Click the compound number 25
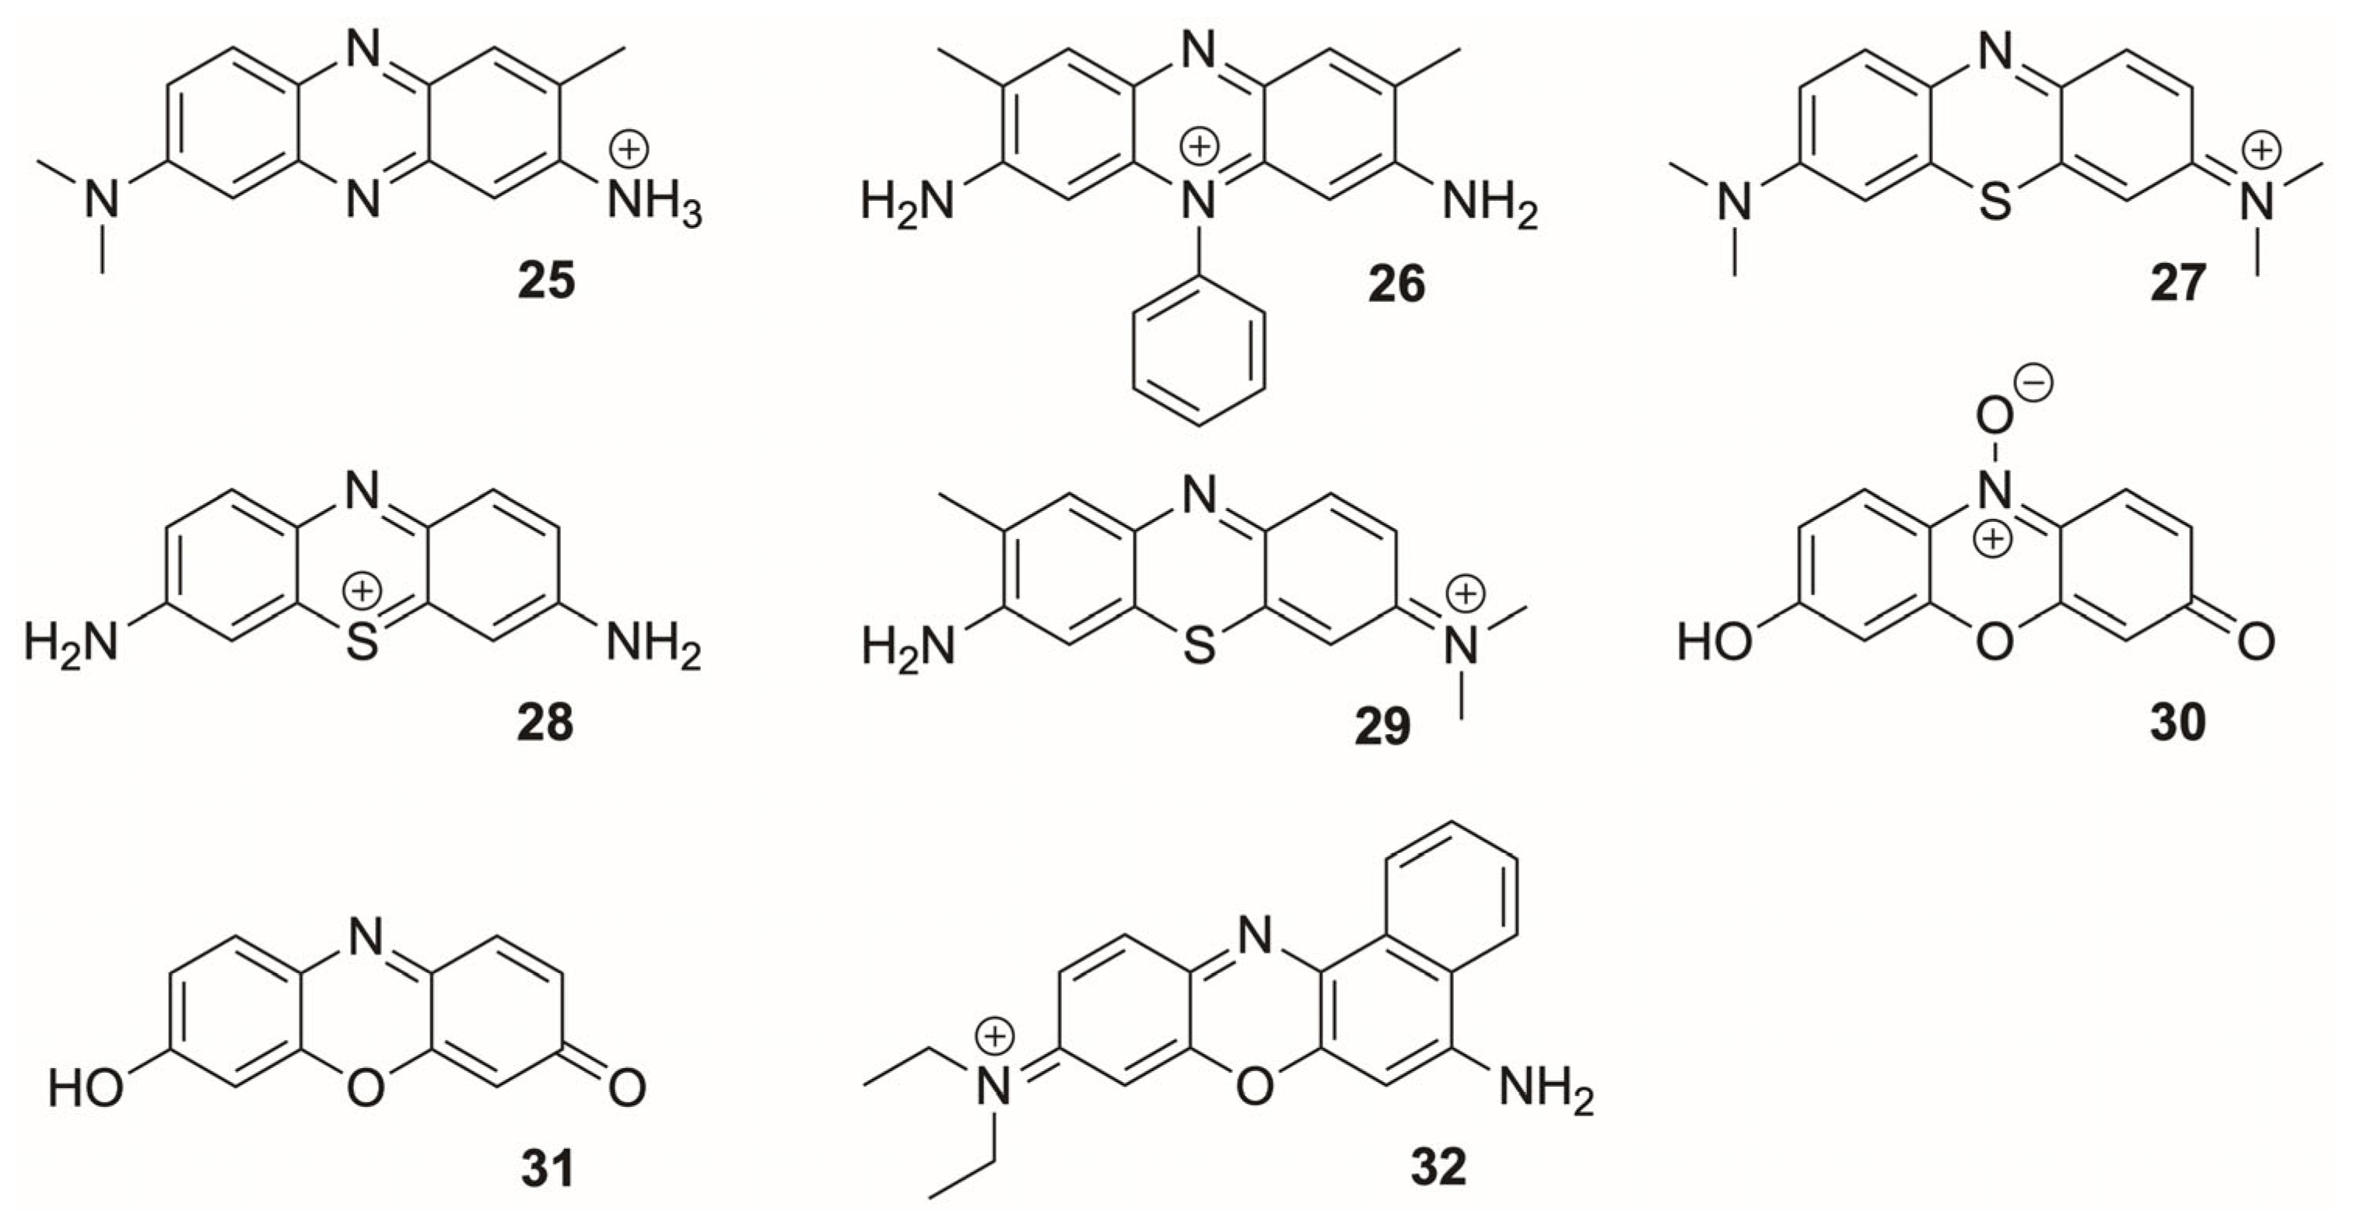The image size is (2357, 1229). pyautogui.click(x=546, y=281)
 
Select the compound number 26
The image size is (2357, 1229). pyautogui.click(x=1396, y=284)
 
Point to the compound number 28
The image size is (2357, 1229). pyautogui.click(x=545, y=723)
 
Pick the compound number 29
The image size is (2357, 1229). pyautogui.click(x=1382, y=727)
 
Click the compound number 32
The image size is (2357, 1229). pyautogui.click(x=1438, y=1167)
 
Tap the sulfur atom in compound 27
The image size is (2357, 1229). pyautogui.click(x=1995, y=201)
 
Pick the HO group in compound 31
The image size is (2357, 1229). pyautogui.click(x=85, y=1089)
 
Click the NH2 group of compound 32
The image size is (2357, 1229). pyautogui.click(x=1546, y=1090)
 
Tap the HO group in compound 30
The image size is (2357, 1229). pyautogui.click(x=1714, y=643)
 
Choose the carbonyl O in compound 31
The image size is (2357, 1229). pyautogui.click(x=627, y=1089)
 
